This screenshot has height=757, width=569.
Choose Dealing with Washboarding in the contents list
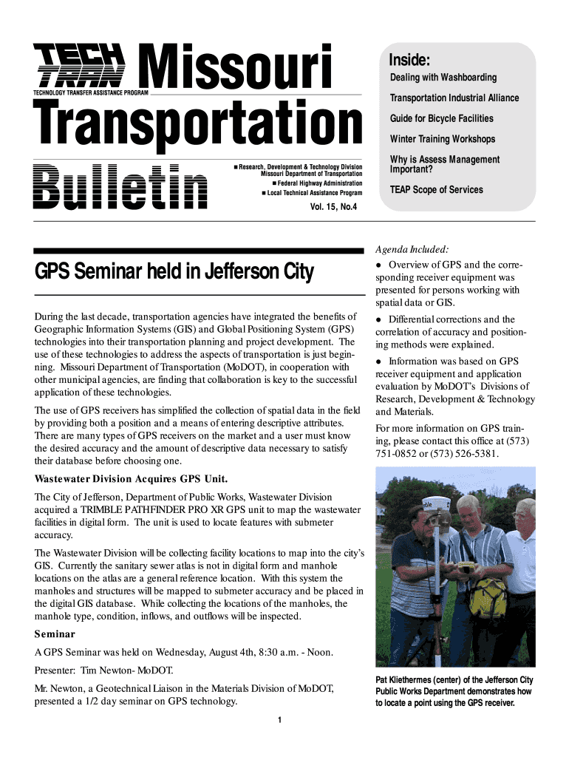tap(443, 78)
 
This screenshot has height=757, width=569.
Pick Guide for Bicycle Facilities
tap(441, 118)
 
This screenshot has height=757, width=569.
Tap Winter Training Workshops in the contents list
tap(442, 139)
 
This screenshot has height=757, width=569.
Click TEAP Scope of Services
tap(436, 190)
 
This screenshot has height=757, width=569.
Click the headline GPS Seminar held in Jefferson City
tap(174, 272)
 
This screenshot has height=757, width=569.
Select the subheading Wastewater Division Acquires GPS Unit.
tap(126, 478)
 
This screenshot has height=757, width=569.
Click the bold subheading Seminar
tap(55, 634)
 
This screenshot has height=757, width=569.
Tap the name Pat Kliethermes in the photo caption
tap(409, 680)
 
